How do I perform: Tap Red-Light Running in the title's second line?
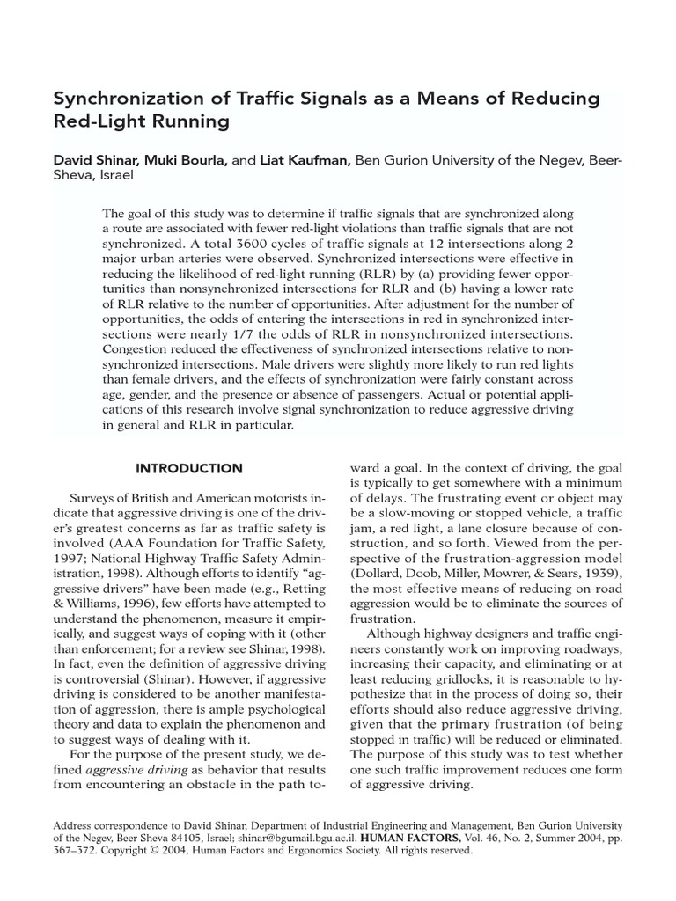pos(142,122)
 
